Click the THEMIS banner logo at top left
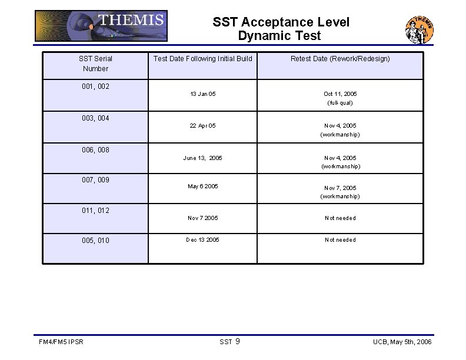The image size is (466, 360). coord(101,26)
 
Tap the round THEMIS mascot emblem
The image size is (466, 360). coord(420,30)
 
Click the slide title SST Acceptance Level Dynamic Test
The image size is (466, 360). coord(281,29)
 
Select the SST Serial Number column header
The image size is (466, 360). coord(95,64)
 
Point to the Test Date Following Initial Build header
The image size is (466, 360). coord(202,59)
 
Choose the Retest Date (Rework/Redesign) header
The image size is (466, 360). coord(340,59)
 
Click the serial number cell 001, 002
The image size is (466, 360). coord(95,86)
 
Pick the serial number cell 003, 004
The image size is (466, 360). coord(95,118)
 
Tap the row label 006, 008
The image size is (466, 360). coord(95,150)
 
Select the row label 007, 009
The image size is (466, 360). coord(95,180)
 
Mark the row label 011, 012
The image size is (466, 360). coord(95,211)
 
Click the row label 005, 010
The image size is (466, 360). coord(95,241)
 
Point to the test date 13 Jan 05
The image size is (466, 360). coord(202,94)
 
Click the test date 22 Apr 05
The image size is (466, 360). coord(202,126)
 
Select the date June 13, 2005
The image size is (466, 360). coord(202,158)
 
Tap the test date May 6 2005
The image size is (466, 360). coord(202,186)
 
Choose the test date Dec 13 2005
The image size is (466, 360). coord(202,240)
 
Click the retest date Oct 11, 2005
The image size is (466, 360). coord(340,94)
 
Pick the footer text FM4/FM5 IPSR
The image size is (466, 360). coord(61,342)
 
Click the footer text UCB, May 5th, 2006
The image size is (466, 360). coord(402,342)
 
